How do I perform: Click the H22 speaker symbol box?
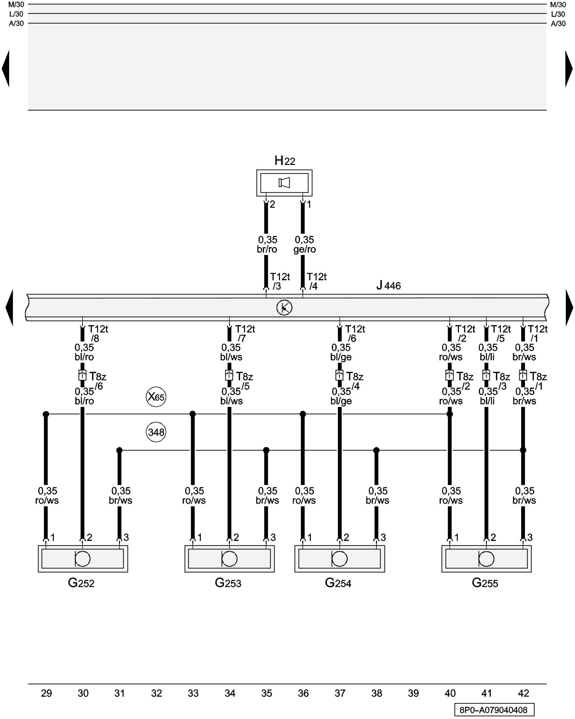pos(284,183)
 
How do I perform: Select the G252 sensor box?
pos(83,559)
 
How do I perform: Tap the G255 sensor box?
pos(486,559)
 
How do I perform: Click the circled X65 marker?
pos(156,397)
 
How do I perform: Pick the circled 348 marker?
pos(156,432)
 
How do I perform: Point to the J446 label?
pos(388,286)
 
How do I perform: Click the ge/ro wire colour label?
pos(304,249)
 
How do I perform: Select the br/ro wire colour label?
pos(267,249)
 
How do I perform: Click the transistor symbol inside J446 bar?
pos(284,308)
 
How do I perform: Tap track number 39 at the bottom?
pos(413,693)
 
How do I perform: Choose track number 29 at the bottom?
pos(46,693)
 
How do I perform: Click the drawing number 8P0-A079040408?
pos(494,710)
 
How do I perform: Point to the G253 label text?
pos(228,583)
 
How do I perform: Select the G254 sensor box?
pos(340,559)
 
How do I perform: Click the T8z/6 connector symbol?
pos(82,376)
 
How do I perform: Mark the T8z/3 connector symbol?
pos(486,376)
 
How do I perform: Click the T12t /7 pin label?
pos(245,334)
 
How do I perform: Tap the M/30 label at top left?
pos(16,5)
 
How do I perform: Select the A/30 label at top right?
pos(558,24)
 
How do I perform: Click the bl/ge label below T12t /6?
pos(341,357)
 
